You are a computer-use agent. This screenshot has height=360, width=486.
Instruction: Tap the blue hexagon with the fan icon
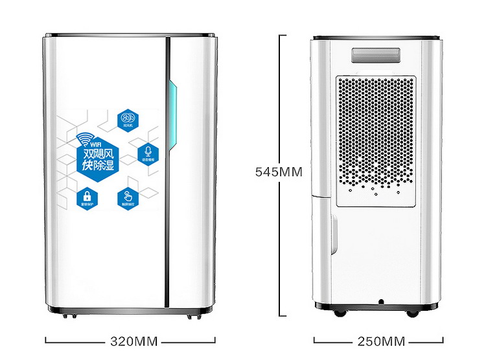point(127,119)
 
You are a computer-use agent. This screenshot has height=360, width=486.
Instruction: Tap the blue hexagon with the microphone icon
point(148,153)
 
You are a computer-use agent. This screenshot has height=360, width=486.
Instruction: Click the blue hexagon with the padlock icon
point(86,197)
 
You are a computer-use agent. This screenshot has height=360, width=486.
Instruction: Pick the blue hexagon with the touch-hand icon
point(127,197)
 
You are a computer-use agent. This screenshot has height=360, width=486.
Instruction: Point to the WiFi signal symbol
point(84,139)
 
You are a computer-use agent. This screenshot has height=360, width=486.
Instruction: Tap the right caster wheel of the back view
point(413,313)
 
